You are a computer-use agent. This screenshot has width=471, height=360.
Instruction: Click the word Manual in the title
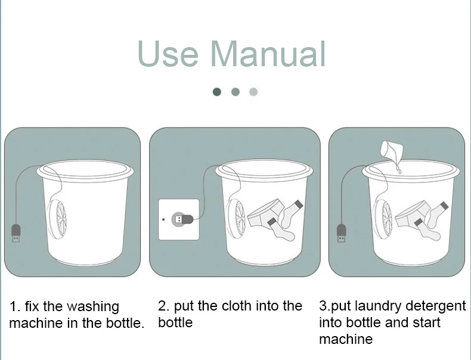pos(268,54)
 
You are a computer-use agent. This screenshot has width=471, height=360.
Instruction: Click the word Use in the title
pos(168,54)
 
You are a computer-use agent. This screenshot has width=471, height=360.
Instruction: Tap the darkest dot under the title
pos(216,92)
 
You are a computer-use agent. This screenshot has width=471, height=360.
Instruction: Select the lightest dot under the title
pos(253,92)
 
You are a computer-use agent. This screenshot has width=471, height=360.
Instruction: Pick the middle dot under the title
pos(235,92)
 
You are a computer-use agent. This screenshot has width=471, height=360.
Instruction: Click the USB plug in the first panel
pos(16,233)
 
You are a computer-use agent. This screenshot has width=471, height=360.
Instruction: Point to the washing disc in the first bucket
pos(57,218)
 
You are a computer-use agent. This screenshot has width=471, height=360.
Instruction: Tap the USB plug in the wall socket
pos(182,219)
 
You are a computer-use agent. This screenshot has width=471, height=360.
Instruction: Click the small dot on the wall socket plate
pos(163,219)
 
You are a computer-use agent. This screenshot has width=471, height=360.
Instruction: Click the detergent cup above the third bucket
pos(391,151)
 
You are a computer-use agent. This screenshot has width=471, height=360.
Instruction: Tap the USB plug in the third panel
pos(341,233)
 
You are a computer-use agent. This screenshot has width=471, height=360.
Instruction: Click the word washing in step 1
pos(93,307)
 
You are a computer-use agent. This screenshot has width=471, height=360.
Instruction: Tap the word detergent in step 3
pos(436,306)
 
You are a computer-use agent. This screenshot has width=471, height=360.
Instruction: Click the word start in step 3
pos(426,323)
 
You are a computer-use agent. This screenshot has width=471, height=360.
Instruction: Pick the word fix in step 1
pos(32,306)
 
